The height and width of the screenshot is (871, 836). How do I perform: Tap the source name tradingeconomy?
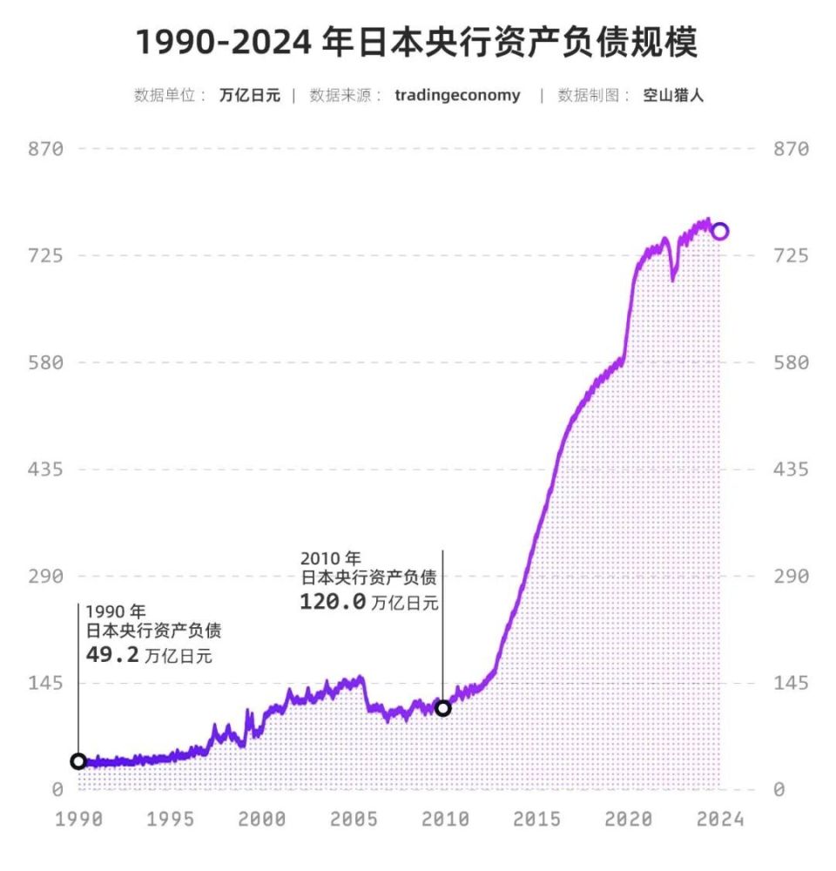[457, 96]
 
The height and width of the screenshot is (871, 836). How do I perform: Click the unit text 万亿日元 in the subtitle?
[250, 96]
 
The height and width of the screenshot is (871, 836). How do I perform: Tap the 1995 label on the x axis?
[170, 820]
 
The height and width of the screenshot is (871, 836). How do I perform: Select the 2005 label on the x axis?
[354, 820]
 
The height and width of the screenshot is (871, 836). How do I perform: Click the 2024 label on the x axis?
[719, 820]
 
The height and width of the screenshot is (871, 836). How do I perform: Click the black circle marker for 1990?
[78, 762]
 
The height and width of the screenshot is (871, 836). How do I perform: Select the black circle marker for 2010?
[443, 708]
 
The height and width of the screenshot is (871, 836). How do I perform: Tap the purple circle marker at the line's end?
[719, 231]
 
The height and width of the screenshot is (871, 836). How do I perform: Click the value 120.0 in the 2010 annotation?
[333, 602]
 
